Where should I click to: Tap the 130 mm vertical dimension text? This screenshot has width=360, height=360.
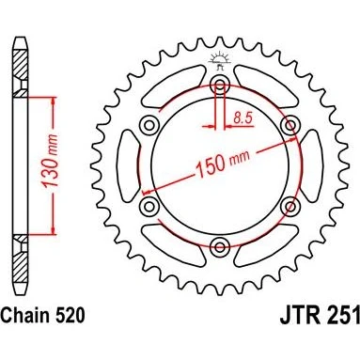(x=51, y=162)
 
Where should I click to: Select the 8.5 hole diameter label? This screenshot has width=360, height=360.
(x=243, y=117)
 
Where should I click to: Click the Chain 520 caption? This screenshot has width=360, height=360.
(x=43, y=315)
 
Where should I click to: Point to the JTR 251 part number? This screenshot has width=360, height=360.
(x=320, y=316)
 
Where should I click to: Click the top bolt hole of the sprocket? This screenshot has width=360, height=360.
(x=220, y=85)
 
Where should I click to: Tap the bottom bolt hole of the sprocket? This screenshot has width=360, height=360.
(x=220, y=247)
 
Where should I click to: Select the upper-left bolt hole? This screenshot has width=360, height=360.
(x=149, y=125)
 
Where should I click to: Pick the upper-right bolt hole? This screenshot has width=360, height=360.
(x=290, y=125)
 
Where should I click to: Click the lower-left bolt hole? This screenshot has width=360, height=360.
(x=149, y=207)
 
